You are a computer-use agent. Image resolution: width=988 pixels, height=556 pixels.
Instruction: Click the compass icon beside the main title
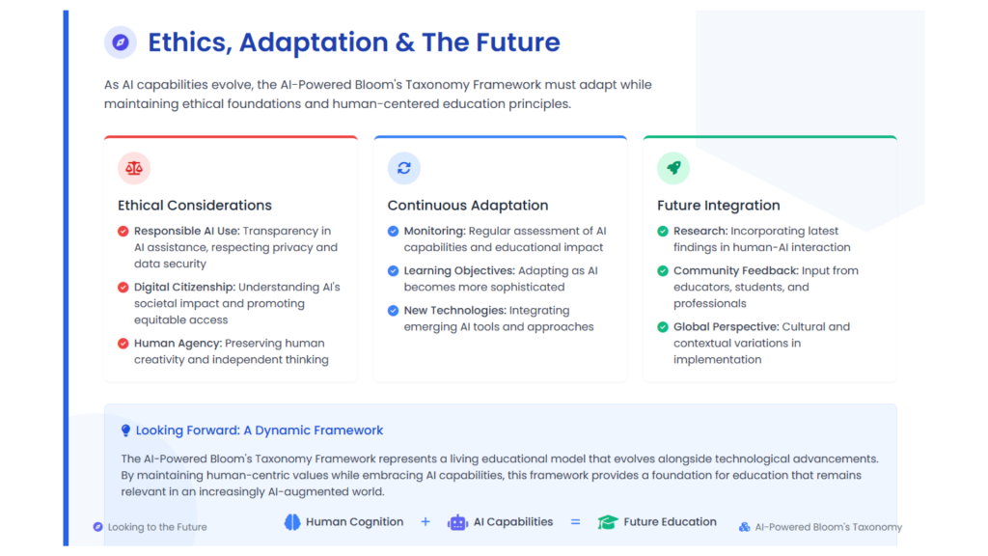[121, 42]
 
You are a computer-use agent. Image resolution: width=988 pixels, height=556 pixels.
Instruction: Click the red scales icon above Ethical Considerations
[133, 168]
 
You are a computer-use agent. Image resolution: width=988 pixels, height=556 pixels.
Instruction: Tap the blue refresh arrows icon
[404, 168]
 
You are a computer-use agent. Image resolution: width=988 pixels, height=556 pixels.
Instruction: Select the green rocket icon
[673, 168]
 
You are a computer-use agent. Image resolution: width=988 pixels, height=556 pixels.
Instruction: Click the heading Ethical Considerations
[195, 206]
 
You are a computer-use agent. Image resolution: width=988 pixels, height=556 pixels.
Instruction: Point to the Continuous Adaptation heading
[468, 206]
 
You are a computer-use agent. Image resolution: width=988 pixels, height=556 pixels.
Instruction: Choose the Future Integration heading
[718, 206]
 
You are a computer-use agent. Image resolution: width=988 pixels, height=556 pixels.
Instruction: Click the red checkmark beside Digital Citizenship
[123, 288]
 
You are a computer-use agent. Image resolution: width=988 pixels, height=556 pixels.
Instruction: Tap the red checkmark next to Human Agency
[123, 344]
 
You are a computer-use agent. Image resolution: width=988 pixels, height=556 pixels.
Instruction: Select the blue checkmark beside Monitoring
[394, 232]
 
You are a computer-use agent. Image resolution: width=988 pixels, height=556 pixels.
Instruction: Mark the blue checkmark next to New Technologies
[394, 311]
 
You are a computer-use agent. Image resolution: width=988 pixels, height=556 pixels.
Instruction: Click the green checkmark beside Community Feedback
[663, 271]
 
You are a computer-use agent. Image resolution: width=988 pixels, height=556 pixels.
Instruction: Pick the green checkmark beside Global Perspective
[663, 327]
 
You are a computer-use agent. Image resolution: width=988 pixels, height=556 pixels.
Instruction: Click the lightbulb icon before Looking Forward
[125, 431]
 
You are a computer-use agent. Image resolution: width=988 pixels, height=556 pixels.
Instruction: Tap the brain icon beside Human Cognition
[292, 522]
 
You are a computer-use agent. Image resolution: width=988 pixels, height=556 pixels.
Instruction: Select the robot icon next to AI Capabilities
[457, 522]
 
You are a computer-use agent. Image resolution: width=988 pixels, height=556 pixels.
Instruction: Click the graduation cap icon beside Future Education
[608, 522]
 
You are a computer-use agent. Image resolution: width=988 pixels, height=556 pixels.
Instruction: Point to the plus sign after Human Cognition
[425, 522]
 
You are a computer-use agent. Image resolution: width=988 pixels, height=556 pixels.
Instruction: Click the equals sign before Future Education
[575, 522]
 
